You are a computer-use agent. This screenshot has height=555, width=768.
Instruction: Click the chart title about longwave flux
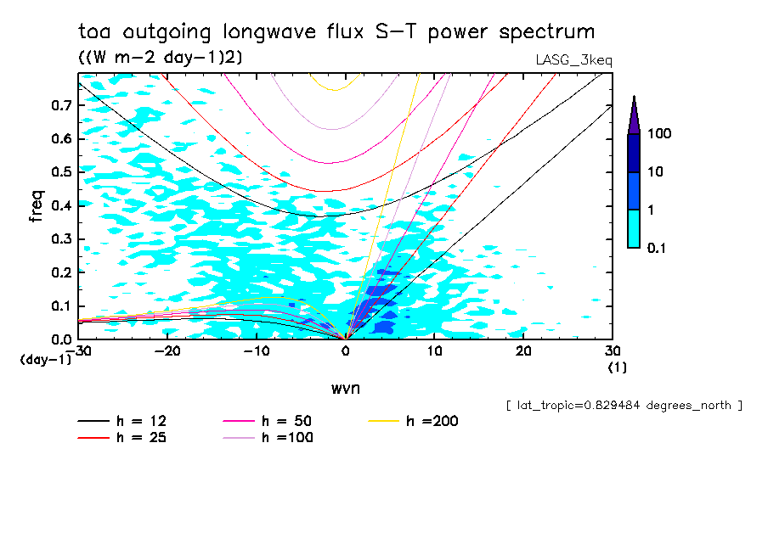click(336, 32)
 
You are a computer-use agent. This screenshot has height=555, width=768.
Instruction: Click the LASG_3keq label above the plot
click(573, 60)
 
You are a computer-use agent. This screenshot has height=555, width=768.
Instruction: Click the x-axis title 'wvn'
click(345, 388)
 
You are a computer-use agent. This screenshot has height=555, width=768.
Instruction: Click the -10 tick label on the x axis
click(256, 350)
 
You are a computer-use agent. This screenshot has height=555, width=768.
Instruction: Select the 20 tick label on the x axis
click(523, 350)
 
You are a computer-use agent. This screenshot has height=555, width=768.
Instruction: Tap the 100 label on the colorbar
click(659, 134)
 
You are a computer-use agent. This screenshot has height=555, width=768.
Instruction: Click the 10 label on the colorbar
click(656, 171)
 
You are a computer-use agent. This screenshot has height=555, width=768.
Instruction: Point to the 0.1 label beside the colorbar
click(658, 247)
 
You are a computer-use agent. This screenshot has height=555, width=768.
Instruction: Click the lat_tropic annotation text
click(624, 406)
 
